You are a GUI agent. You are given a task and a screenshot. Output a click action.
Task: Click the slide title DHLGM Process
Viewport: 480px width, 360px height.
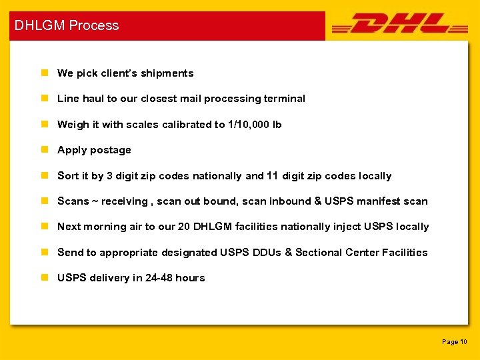point(67,25)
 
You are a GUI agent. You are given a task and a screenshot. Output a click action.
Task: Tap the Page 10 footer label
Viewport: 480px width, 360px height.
point(455,341)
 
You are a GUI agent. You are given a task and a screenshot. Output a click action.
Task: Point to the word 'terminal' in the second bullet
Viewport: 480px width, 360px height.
point(285,99)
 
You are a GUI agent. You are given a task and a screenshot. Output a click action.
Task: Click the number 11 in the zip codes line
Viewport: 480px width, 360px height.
point(272,176)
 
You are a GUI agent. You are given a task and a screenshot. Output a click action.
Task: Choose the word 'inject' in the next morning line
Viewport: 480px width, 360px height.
point(345,227)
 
